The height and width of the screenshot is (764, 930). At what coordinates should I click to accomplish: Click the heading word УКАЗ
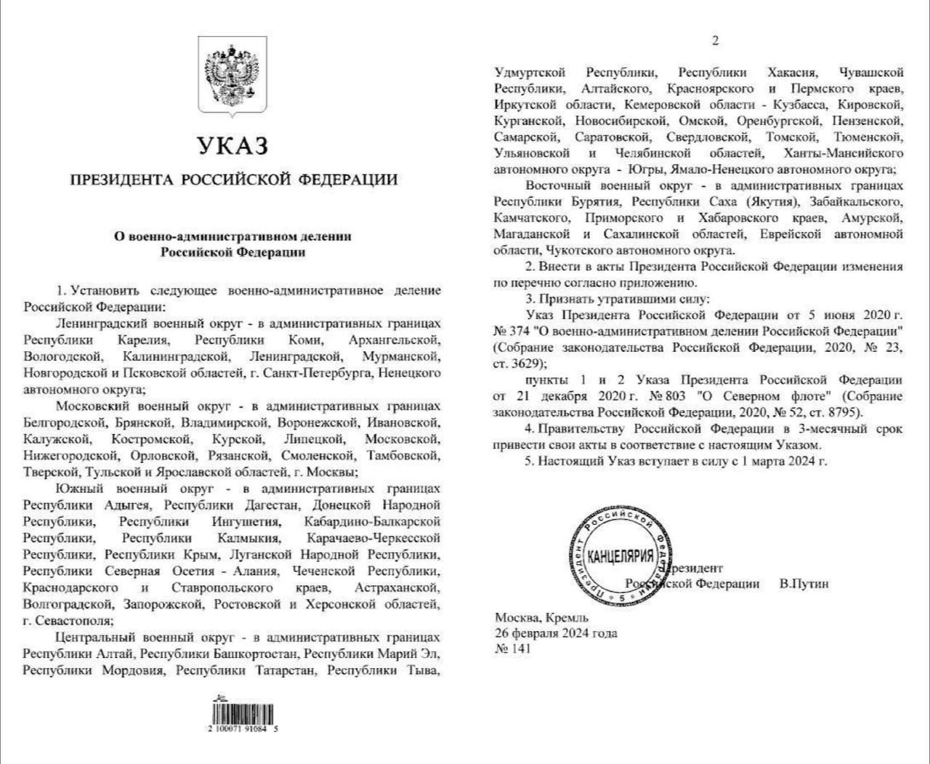(x=232, y=146)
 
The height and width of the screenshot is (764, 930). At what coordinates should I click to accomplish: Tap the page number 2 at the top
(x=715, y=41)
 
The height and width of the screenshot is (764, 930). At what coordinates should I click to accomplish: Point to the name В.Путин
(x=804, y=584)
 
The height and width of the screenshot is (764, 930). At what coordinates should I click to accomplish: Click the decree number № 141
(x=513, y=648)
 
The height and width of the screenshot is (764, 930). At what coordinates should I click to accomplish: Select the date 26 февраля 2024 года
(x=556, y=632)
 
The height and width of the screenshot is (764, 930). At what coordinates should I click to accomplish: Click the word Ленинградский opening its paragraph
(x=102, y=323)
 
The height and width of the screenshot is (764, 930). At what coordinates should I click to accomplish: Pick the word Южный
(x=76, y=488)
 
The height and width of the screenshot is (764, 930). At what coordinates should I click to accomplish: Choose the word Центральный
(x=94, y=638)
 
